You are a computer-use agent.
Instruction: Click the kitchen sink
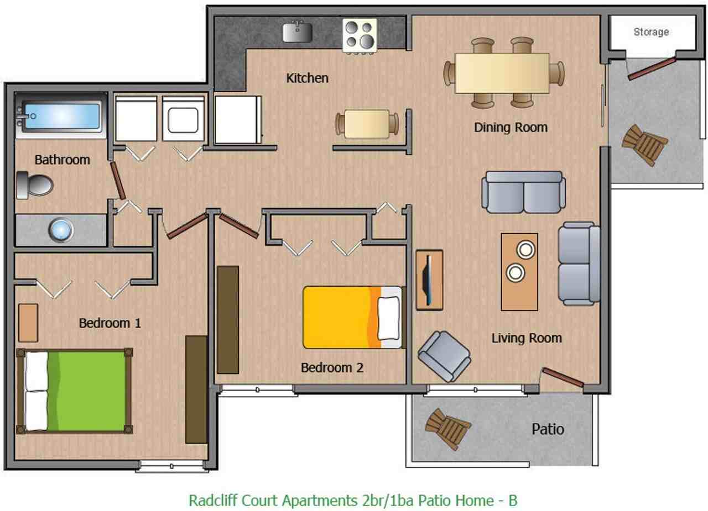pos(298,31)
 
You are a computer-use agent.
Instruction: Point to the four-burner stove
pos(360,35)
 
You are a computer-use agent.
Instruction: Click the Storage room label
pos(651,32)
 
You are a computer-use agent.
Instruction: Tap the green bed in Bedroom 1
pos(75,390)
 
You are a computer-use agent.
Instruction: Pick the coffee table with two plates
pos(519,271)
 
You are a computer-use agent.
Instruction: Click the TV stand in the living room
pos(429,280)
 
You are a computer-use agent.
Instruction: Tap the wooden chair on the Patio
pos(447,428)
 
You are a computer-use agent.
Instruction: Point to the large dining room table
pos(502,73)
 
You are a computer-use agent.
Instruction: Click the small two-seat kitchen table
pos(367,124)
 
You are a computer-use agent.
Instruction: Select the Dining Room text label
pos(511,127)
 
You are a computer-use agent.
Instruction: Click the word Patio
pos(548,429)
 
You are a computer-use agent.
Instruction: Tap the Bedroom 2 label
pos(332,367)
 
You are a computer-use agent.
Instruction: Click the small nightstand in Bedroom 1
pos(28,323)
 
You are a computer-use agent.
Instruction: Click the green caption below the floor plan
pos(353,501)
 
